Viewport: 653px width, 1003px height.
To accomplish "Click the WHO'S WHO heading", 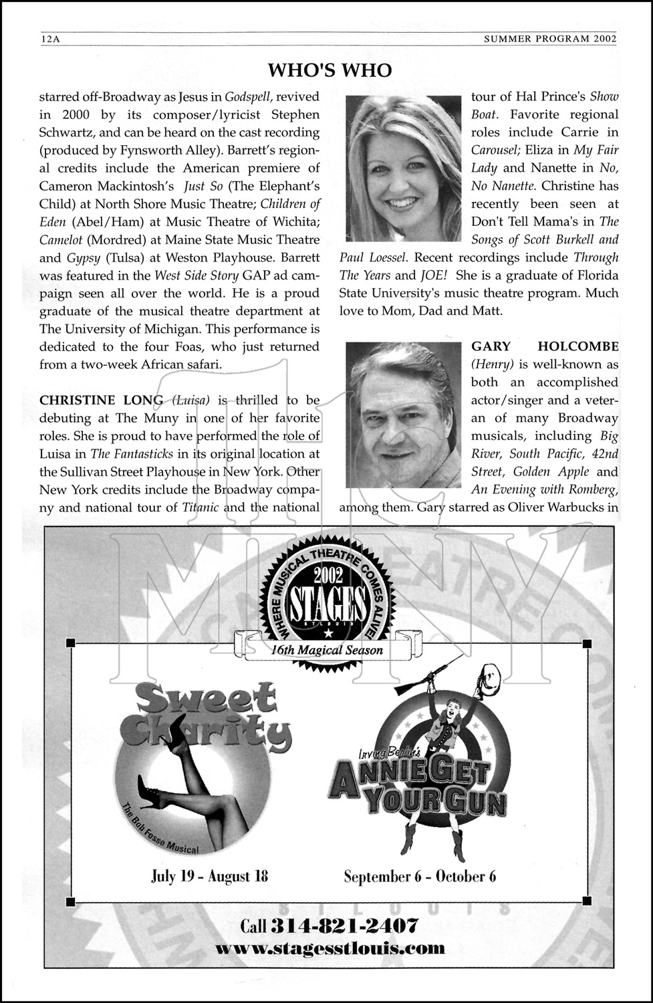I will [330, 70].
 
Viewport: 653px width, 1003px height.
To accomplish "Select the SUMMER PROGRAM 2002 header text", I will [550, 39].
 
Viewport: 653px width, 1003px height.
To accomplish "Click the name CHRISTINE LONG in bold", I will [101, 400].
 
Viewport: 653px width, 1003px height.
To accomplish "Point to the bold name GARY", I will [491, 346].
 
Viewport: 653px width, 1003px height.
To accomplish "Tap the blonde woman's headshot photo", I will [403, 169].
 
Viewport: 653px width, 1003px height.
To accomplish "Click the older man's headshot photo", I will [403, 415].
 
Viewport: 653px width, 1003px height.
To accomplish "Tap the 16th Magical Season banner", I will [327, 650].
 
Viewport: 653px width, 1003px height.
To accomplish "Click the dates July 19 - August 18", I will [209, 876].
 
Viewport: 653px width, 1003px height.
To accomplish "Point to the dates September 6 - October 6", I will [420, 876].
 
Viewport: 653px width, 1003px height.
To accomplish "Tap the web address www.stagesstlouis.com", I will [330, 948].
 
